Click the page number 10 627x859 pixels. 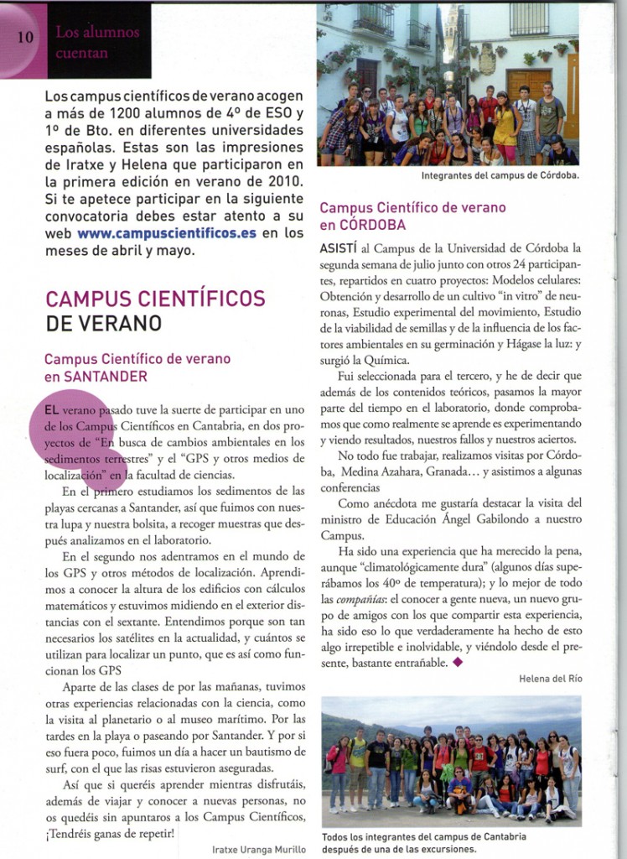pyautogui.click(x=23, y=38)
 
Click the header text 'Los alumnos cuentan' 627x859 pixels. pyautogui.click(x=97, y=41)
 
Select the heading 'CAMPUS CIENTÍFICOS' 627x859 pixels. pyautogui.click(x=155, y=299)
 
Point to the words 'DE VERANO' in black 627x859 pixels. pyautogui.click(x=104, y=323)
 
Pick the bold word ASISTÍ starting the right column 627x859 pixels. pyautogui.click(x=339, y=248)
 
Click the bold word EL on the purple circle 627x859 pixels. pyautogui.click(x=51, y=410)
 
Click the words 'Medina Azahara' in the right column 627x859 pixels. pyautogui.click(x=377, y=471)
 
